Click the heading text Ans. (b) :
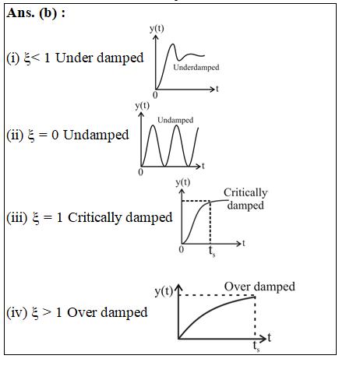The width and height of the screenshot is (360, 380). [x=36, y=13]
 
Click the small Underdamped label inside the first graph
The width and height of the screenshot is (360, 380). [x=196, y=68]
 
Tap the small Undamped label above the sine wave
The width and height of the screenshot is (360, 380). [x=175, y=120]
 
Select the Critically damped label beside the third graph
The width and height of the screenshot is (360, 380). [x=245, y=199]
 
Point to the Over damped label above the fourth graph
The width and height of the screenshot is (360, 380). [x=259, y=287]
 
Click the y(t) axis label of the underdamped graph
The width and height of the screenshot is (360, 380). [x=157, y=29]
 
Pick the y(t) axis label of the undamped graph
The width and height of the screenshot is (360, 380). [x=143, y=106]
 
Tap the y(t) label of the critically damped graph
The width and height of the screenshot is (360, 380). [x=183, y=182]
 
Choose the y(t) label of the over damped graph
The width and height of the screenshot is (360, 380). [x=164, y=291]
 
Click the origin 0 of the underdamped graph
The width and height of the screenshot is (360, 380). [x=155, y=95]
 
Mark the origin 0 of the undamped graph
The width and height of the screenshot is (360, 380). [x=140, y=172]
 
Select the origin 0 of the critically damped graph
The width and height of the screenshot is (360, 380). [x=182, y=249]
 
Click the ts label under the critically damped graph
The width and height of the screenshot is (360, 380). [x=212, y=252]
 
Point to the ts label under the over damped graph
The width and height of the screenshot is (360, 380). [x=256, y=347]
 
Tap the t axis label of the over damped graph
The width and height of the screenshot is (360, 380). [x=270, y=337]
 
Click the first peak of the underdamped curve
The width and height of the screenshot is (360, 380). [x=172, y=44]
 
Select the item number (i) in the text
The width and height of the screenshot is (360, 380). [x=13, y=58]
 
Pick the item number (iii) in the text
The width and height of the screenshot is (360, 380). [x=17, y=218]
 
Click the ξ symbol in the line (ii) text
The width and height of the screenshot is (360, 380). [x=31, y=135]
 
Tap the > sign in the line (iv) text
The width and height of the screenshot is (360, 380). [x=47, y=312]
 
